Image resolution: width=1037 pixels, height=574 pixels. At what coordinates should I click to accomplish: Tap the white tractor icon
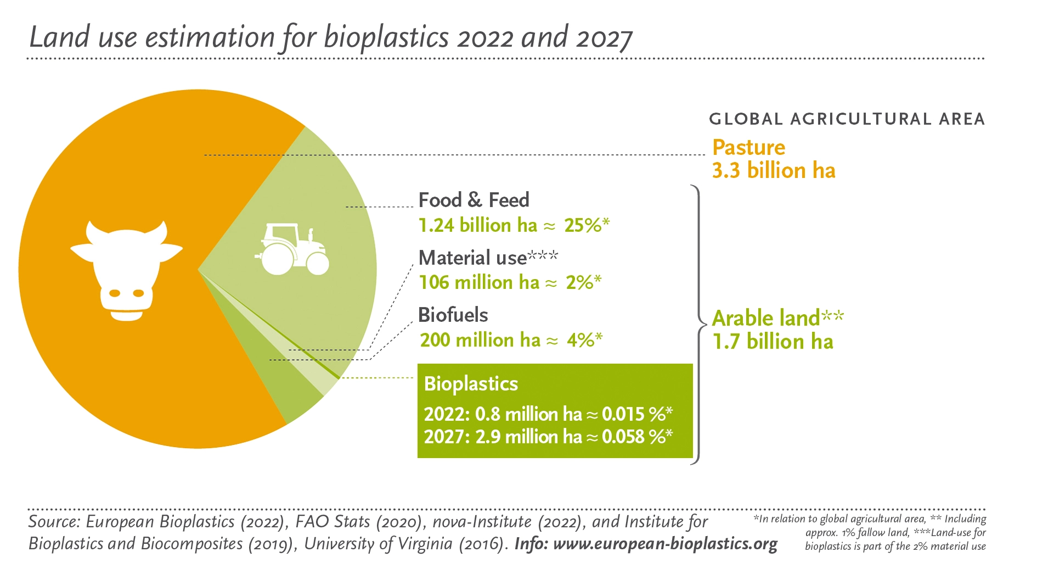pos(292,250)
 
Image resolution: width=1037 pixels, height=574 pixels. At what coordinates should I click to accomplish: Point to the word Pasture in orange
pos(748,147)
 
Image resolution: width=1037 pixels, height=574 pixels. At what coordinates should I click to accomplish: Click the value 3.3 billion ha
pos(773,171)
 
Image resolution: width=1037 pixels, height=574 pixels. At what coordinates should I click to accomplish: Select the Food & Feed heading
pos(474,200)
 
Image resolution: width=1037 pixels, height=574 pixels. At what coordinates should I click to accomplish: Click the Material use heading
pos(472,258)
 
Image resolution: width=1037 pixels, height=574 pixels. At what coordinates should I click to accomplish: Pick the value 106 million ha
pos(479,282)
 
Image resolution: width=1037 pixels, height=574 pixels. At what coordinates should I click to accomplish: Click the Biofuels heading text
pos(453,315)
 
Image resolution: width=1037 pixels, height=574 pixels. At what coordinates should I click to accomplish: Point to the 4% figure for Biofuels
pos(581,340)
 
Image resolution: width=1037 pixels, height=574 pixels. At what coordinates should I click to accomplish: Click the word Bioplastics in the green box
pos(471,383)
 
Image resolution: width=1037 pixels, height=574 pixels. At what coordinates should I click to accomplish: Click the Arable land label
pos(766,318)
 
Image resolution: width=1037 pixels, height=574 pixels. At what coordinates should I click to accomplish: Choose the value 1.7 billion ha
pos(773,342)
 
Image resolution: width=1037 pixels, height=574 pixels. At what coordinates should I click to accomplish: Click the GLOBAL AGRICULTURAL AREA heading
pos(847,119)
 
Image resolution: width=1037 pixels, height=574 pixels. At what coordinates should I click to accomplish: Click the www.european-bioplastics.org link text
pos(665,544)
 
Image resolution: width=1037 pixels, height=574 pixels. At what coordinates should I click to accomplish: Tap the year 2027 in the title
pos(604,38)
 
